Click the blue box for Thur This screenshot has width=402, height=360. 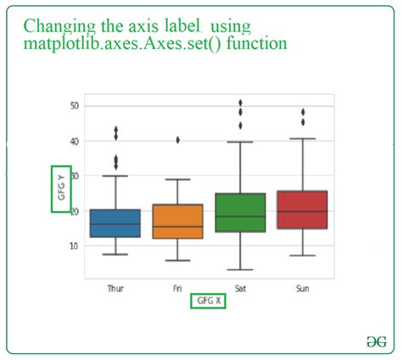[x=115, y=223]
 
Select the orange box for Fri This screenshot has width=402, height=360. [x=178, y=221]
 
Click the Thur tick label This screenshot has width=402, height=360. [x=115, y=289]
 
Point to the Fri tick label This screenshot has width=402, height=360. [x=178, y=289]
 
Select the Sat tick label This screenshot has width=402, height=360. [x=241, y=289]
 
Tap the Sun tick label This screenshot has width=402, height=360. [x=303, y=289]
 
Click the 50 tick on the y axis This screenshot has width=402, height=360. [x=74, y=106]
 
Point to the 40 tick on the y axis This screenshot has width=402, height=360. [x=74, y=141]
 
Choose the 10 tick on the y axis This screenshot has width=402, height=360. [x=74, y=246]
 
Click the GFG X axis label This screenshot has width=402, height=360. [x=208, y=301]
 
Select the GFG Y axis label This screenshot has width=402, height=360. [x=61, y=187]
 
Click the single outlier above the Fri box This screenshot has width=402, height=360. [x=178, y=140]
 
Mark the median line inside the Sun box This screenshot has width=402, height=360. [x=303, y=211]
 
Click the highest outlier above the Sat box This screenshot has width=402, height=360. [x=241, y=102]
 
